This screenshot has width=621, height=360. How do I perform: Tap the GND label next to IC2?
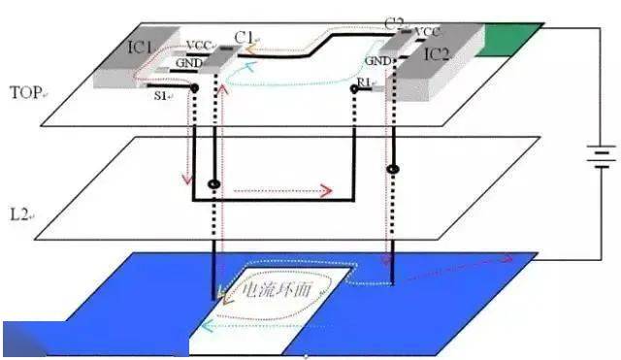[379, 60]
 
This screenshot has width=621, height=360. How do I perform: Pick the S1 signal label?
[161, 95]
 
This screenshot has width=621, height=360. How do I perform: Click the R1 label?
[365, 86]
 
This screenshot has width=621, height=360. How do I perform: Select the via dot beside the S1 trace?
[196, 88]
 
